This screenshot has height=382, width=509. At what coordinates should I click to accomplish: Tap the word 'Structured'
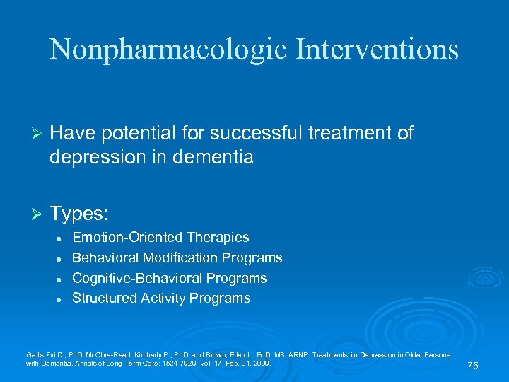tap(103, 298)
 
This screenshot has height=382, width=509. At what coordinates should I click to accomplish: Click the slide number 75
tap(473, 366)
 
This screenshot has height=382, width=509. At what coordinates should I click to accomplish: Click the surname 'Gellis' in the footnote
tap(35, 354)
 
